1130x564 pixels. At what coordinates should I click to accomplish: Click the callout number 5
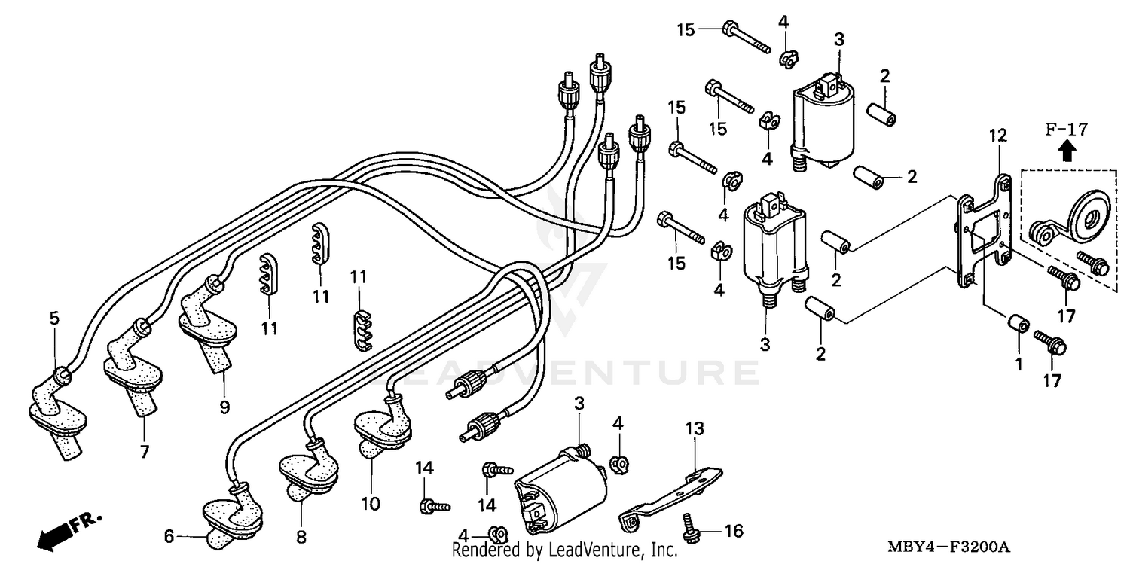click(54, 319)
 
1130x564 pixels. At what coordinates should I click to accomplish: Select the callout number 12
click(997, 136)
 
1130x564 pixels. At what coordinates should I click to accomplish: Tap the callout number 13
click(694, 429)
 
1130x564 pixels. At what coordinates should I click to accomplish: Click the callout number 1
click(1019, 364)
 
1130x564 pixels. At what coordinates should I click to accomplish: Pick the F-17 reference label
click(1066, 130)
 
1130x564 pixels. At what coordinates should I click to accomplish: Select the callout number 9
click(224, 407)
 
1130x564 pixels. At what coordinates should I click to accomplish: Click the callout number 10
click(371, 502)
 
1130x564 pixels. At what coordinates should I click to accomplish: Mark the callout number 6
click(169, 536)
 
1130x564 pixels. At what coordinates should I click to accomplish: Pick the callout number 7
click(144, 452)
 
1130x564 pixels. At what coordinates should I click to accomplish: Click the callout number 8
click(301, 537)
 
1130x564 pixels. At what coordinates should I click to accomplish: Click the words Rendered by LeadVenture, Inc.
click(564, 550)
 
